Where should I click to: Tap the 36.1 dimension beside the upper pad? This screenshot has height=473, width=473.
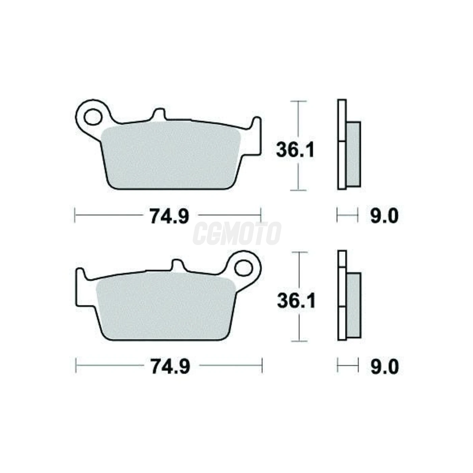click(x=295, y=150)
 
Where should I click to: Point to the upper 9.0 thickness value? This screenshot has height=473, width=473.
click(x=384, y=216)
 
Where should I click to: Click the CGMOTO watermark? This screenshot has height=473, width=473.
click(x=237, y=233)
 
